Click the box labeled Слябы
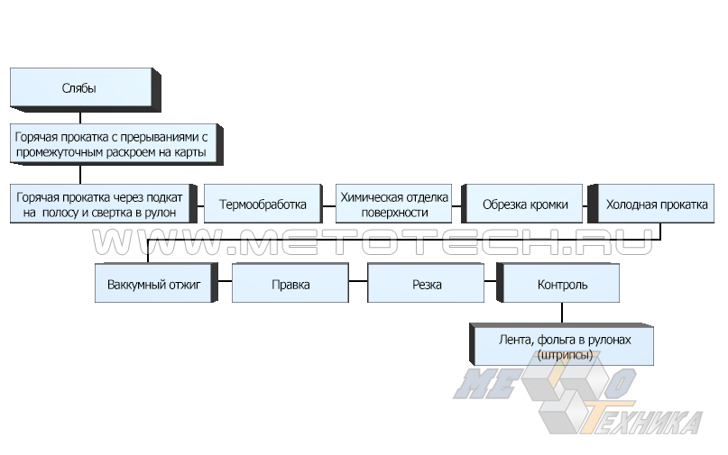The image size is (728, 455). click(x=79, y=88)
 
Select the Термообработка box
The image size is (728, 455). click(x=263, y=205)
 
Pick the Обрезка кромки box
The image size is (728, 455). click(x=525, y=205)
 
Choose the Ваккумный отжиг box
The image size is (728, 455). click(x=153, y=285)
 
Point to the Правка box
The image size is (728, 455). click(x=290, y=285)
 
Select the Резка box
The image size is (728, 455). click(x=426, y=285)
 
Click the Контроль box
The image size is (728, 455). click(x=562, y=285)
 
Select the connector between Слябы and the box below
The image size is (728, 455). click(x=80, y=116)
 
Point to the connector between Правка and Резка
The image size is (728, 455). click(x=358, y=284)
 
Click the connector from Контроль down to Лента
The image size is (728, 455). click(x=562, y=313)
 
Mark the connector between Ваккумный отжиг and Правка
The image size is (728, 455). click(x=223, y=284)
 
